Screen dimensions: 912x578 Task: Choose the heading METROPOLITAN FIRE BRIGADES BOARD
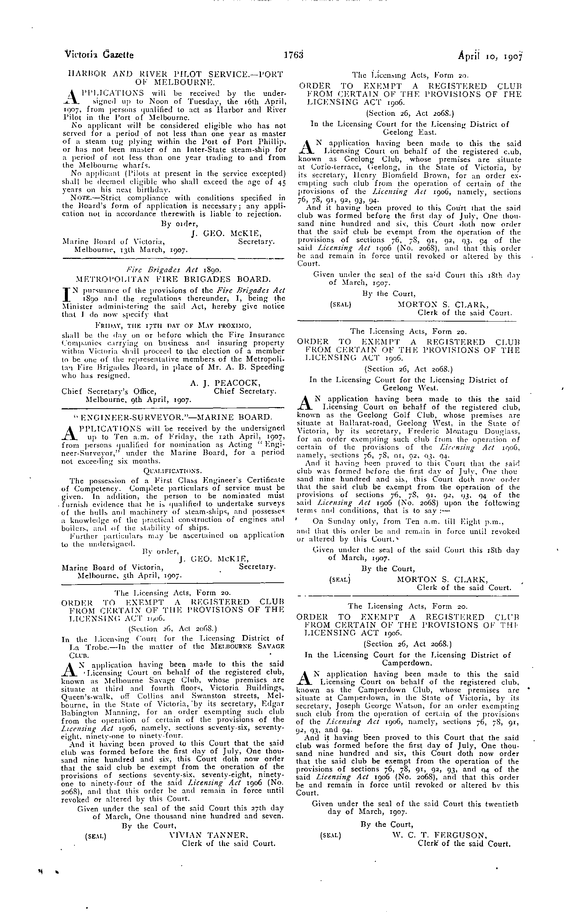[173, 280]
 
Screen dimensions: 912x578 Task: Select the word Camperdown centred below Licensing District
[407, 663]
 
